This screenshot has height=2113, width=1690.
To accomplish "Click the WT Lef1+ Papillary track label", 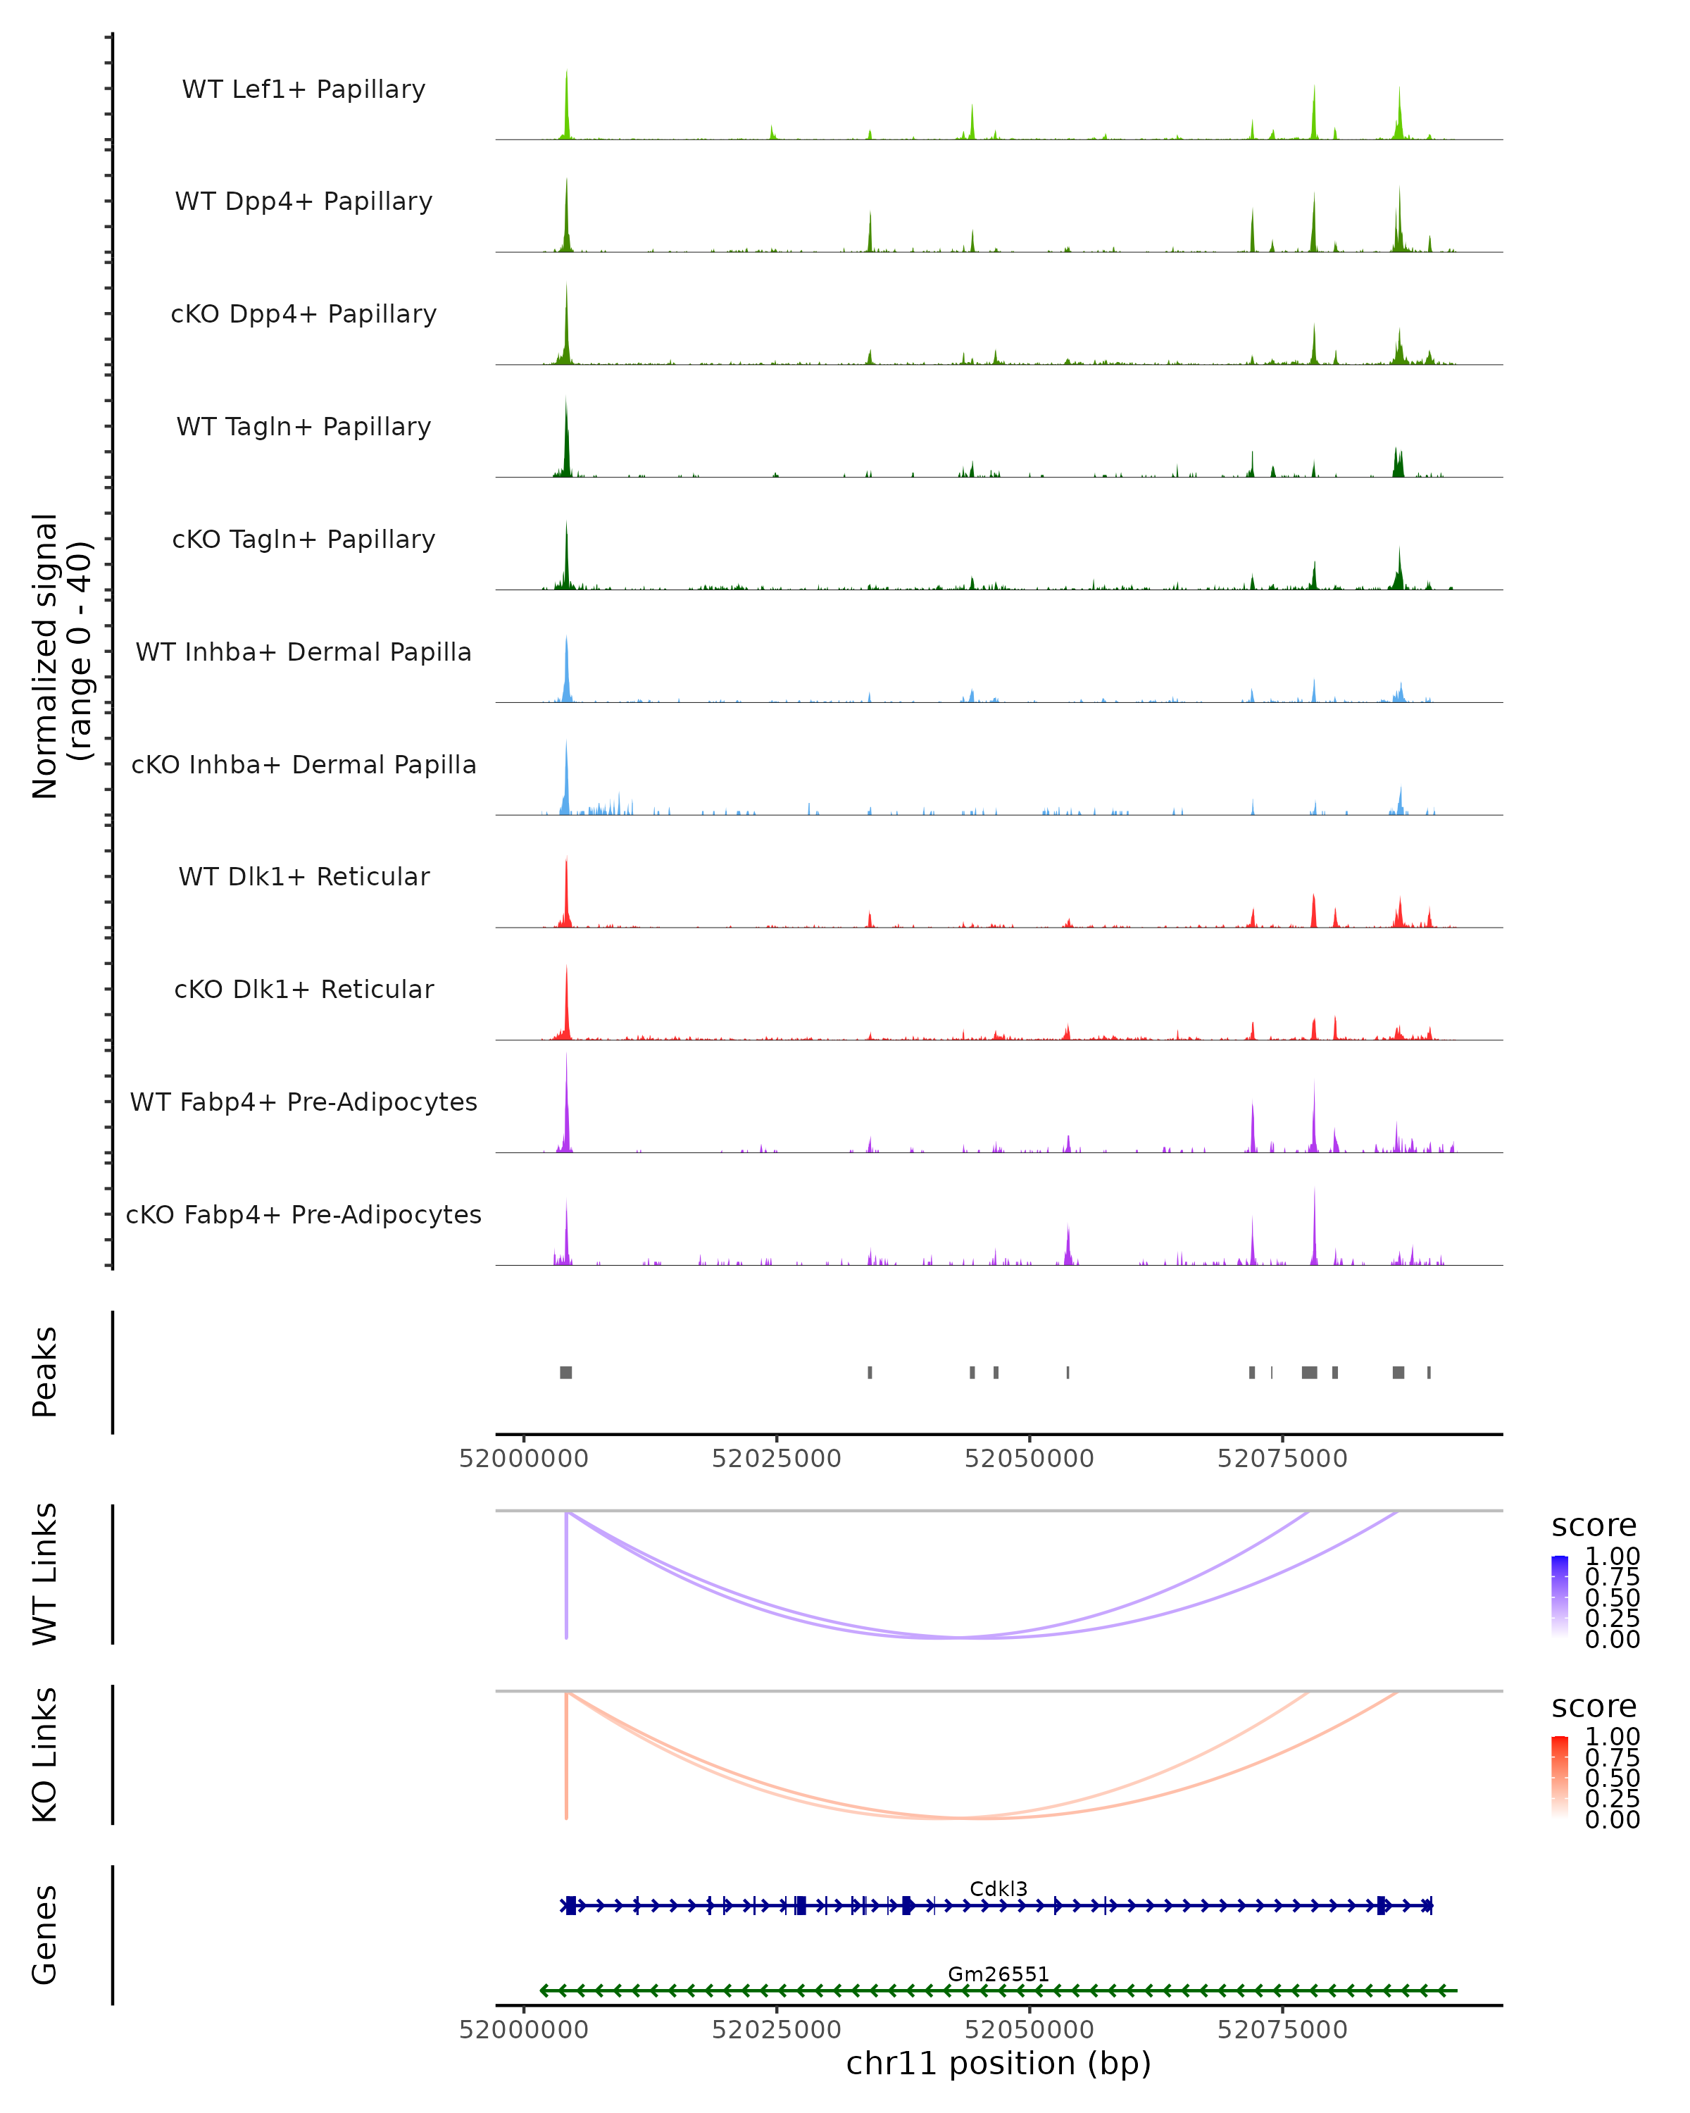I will click(x=303, y=89).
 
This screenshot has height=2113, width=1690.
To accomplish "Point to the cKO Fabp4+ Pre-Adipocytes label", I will click(x=303, y=1214).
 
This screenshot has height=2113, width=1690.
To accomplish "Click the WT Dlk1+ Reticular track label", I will click(x=303, y=876).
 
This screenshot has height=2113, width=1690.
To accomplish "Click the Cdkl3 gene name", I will click(x=999, y=1888).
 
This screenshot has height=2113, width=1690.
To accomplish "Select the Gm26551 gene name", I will click(x=999, y=1974).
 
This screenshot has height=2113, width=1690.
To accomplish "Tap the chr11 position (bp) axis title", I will click(x=999, y=2063).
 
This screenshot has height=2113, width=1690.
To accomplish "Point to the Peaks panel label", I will click(x=44, y=1372).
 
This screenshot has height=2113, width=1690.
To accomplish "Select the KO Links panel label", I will click(x=44, y=1754).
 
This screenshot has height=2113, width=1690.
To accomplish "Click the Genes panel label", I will click(x=44, y=1935).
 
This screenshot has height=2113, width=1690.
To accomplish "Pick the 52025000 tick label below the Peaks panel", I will click(x=776, y=1459).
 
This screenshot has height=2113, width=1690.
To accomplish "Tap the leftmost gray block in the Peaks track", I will click(x=566, y=1372).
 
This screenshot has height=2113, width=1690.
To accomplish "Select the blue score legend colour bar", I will click(x=1560, y=1597).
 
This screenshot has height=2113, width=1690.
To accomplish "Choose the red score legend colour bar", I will click(x=1560, y=1777).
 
